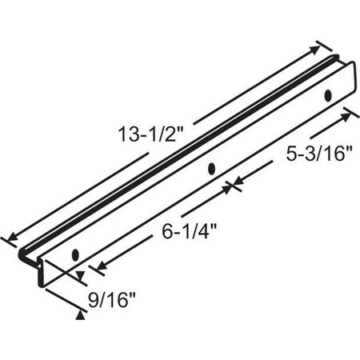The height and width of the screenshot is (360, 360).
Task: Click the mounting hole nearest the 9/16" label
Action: (x=74, y=254)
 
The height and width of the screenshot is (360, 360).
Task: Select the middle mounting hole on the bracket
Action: (x=211, y=169)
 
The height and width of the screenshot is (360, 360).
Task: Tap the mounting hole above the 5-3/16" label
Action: (x=328, y=96)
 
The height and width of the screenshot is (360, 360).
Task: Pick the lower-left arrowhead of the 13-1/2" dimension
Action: (x=9, y=238)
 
